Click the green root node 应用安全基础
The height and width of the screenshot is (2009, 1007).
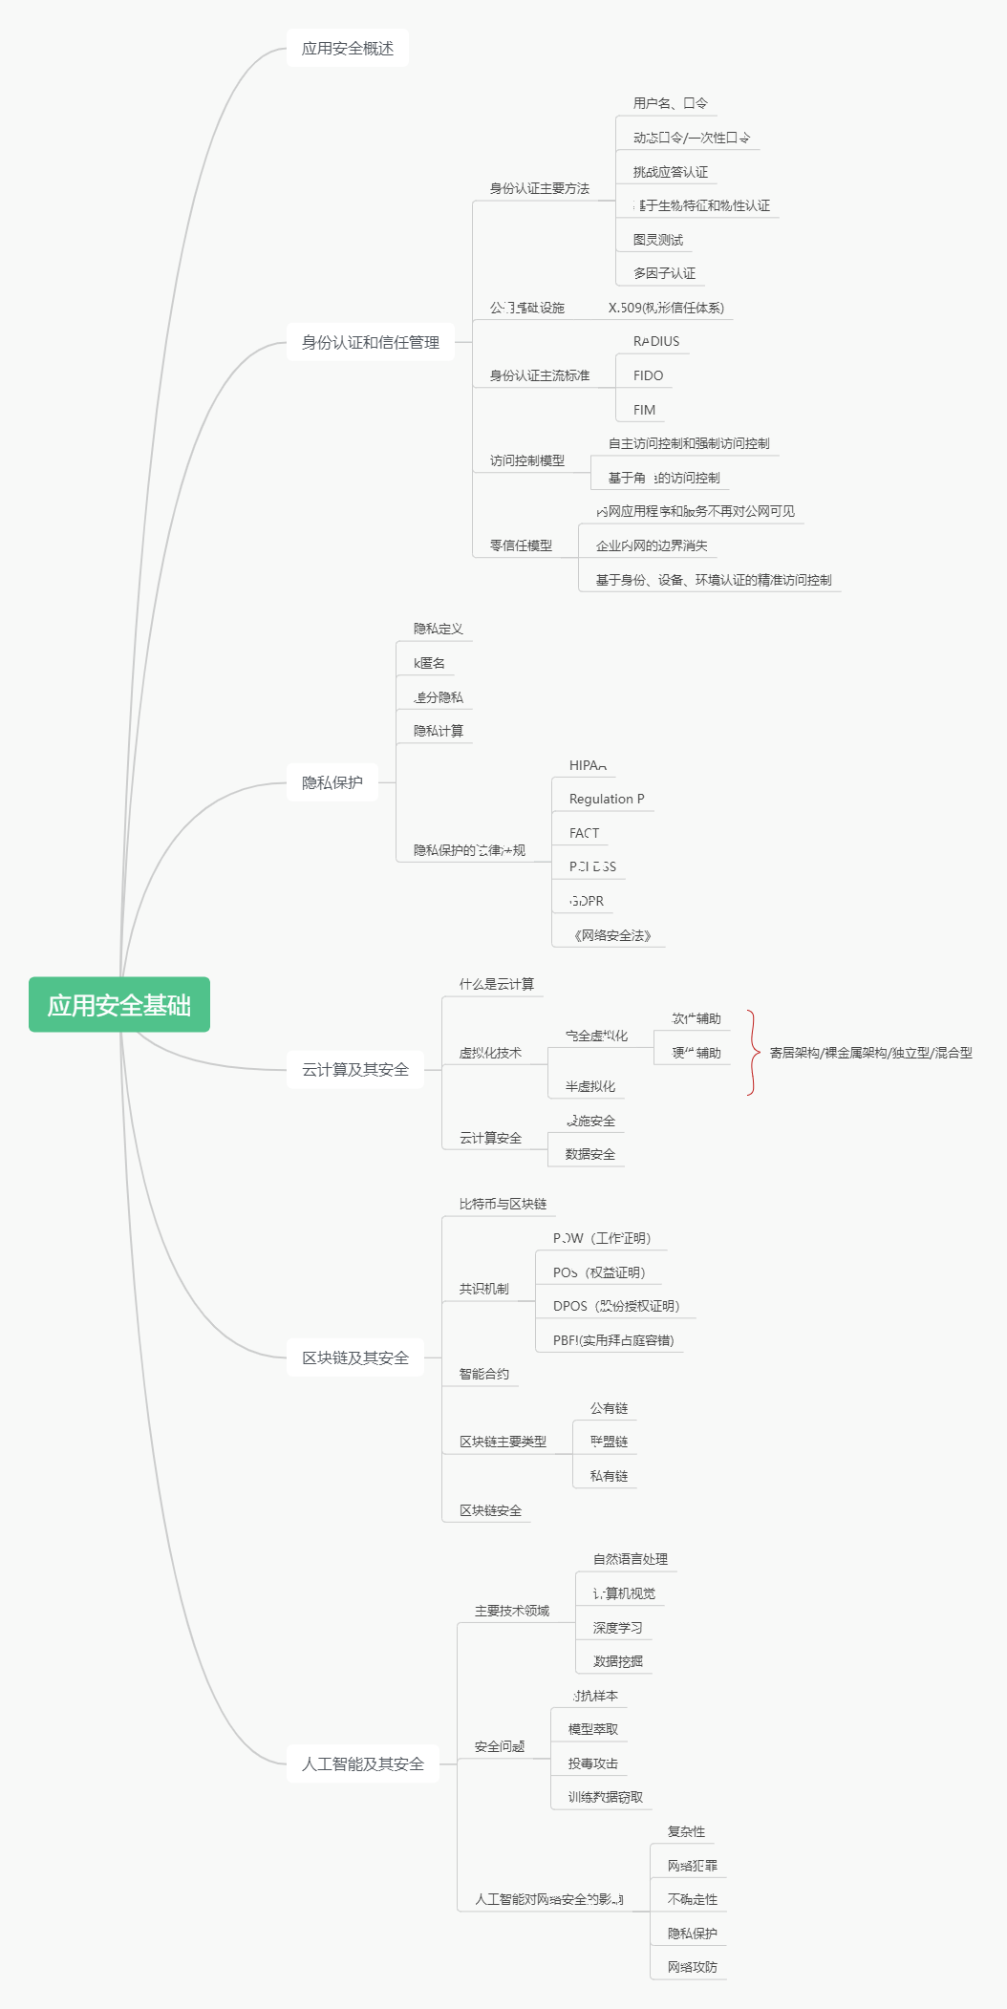pyautogui.click(x=119, y=1005)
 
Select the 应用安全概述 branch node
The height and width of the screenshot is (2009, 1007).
pyautogui.click(x=348, y=49)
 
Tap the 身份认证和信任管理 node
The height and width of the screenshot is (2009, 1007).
pyautogui.click(x=371, y=342)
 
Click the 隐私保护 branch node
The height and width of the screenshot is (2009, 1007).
pyautogui.click(x=332, y=782)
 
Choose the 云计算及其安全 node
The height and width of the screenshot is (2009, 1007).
pyautogui.click(x=355, y=1070)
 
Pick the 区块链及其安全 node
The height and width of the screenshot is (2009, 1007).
pyautogui.click(x=355, y=1357)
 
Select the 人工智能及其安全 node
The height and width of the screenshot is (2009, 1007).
pyautogui.click(x=363, y=1763)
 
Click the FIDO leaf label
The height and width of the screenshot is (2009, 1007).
pyautogui.click(x=648, y=375)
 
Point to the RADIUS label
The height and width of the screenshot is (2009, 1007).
pyautogui.click(x=656, y=341)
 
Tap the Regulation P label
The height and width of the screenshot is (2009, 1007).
pyautogui.click(x=607, y=799)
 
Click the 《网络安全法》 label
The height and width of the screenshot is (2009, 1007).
pyautogui.click(x=612, y=935)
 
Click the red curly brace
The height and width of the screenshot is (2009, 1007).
pyautogui.click(x=753, y=1053)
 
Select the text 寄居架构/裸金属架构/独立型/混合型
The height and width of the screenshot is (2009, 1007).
pyautogui.click(x=870, y=1053)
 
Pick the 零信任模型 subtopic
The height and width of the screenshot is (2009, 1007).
pyautogui.click(x=521, y=545)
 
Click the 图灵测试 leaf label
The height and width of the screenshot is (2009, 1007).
pyautogui.click(x=658, y=240)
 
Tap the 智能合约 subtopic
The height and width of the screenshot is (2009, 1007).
pyautogui.click(x=484, y=1374)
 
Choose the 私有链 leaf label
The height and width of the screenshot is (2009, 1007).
pyautogui.click(x=609, y=1476)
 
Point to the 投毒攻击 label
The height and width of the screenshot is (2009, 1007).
pyautogui.click(x=593, y=1763)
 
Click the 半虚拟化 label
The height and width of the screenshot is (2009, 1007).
pyautogui.click(x=590, y=1086)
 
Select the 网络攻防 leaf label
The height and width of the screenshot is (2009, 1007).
pyautogui.click(x=693, y=1967)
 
